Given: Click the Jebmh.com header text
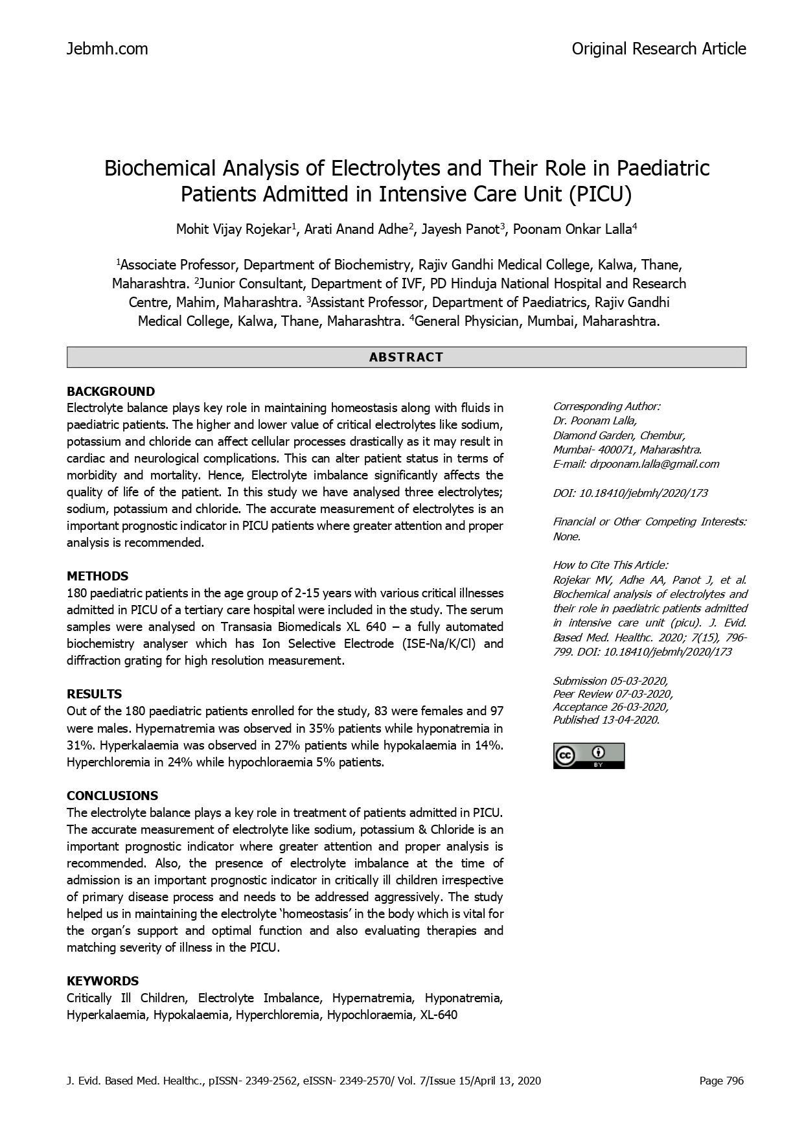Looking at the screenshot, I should click(107, 49).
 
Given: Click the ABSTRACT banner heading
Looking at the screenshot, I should click(406, 357).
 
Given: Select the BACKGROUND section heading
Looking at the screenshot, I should click(111, 391).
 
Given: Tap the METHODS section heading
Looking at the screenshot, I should click(97, 576).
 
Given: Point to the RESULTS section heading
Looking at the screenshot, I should click(94, 694).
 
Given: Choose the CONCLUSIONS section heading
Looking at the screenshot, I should click(112, 796).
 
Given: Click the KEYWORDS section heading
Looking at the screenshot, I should click(102, 981).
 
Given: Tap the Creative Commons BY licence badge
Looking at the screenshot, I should click(588, 756).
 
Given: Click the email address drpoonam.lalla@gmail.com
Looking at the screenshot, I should click(654, 464).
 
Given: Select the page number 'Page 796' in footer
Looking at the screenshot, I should click(722, 1081).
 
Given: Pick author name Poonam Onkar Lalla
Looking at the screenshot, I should click(573, 229).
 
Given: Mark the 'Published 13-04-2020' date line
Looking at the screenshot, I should click(606, 720).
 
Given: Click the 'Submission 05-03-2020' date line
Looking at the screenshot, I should click(610, 681).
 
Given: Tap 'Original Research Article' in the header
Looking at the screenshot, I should click(658, 49).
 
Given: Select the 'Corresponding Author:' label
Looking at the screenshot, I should click(606, 406).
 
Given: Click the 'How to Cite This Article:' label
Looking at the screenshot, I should click(610, 565).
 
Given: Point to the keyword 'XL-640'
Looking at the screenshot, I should click(439, 1015).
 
